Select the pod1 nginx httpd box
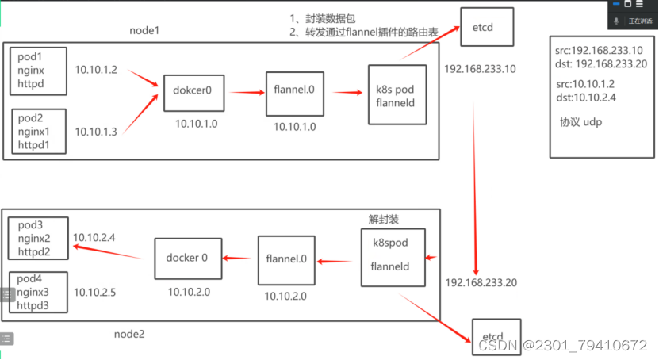tap(37, 71)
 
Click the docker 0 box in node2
tap(187, 258)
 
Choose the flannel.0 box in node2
tap(286, 260)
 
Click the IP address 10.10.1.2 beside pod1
tap(96, 71)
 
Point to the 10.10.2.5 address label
tap(94, 293)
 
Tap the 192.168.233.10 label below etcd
tap(480, 69)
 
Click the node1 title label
tap(146, 30)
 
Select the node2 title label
tap(129, 334)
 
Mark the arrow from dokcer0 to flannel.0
tap(245, 92)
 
